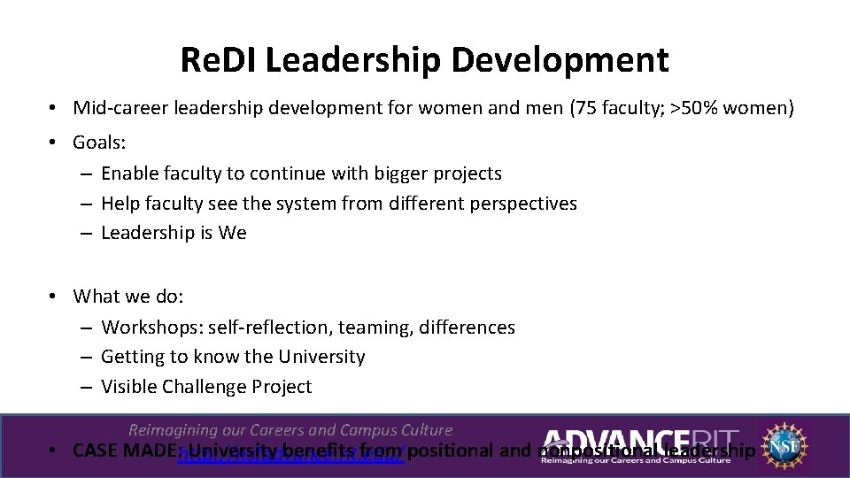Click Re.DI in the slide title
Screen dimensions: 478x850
[x=218, y=60]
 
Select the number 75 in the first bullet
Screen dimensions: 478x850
[x=586, y=109]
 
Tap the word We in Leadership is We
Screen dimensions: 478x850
[x=234, y=233]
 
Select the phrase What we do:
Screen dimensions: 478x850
[x=127, y=296]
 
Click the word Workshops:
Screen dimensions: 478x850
[x=151, y=328]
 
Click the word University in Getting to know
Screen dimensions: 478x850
[x=321, y=357]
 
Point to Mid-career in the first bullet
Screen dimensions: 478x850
[x=122, y=109]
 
